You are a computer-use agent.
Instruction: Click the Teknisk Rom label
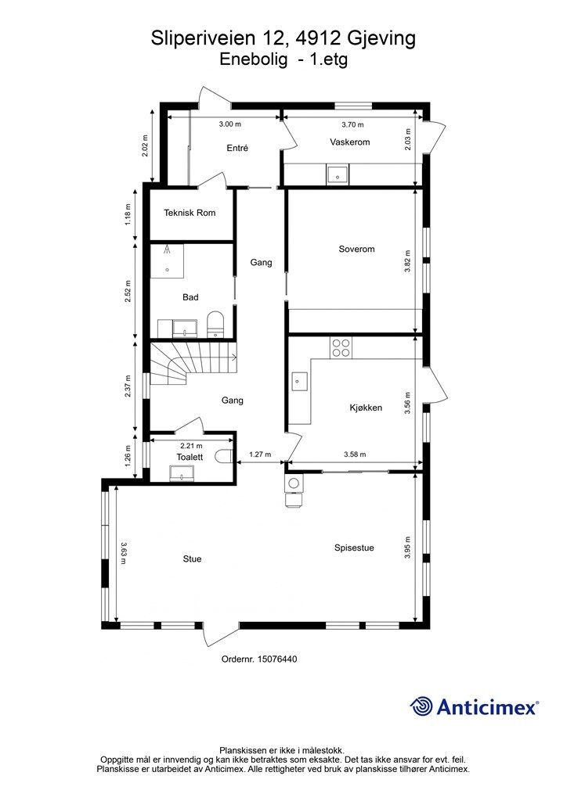[x=190, y=213]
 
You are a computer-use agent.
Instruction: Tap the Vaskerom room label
[x=350, y=142]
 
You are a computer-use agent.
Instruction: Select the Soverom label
[x=356, y=250]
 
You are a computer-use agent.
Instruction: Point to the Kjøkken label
[x=366, y=408]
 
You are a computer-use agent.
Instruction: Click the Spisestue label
[x=354, y=548]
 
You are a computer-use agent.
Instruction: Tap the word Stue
[x=192, y=559]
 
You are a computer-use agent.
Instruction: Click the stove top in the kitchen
[x=341, y=348]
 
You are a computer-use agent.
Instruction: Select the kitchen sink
[x=300, y=381]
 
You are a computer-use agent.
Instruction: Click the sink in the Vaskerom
[x=338, y=174]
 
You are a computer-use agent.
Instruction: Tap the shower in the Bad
[x=167, y=260]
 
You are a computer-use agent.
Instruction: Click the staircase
[x=193, y=363]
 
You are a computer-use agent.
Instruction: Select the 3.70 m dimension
[x=352, y=124]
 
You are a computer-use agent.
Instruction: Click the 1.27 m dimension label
[x=260, y=454]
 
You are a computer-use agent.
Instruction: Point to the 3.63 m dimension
[x=124, y=553]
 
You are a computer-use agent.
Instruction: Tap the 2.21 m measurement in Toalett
[x=191, y=446]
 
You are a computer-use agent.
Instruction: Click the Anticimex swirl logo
[x=421, y=706]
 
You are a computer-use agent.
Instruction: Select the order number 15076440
[x=276, y=659]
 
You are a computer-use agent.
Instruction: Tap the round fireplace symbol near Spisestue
[x=294, y=483]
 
